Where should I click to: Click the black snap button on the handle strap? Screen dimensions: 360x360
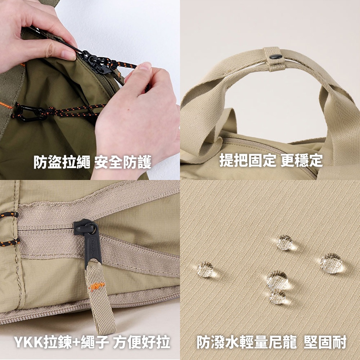click(x=275, y=57)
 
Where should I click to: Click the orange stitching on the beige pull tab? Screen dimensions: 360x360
click(x=97, y=286)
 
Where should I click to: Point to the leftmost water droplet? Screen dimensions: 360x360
click(x=206, y=269)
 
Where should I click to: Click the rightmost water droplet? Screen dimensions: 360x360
click(x=332, y=263)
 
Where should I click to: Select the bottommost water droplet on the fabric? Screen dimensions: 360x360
click(x=278, y=296)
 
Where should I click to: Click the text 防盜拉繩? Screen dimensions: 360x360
click(x=62, y=162)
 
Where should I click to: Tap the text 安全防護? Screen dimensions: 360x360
click(x=123, y=162)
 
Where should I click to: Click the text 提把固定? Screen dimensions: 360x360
click(x=248, y=160)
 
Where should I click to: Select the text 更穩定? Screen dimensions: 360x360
click(x=302, y=160)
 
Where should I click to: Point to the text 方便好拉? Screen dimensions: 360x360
click(x=141, y=342)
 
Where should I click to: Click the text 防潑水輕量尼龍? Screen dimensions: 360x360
click(x=247, y=342)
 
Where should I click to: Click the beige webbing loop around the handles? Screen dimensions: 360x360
click(x=275, y=59)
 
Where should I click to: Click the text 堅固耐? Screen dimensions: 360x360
click(x=325, y=342)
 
